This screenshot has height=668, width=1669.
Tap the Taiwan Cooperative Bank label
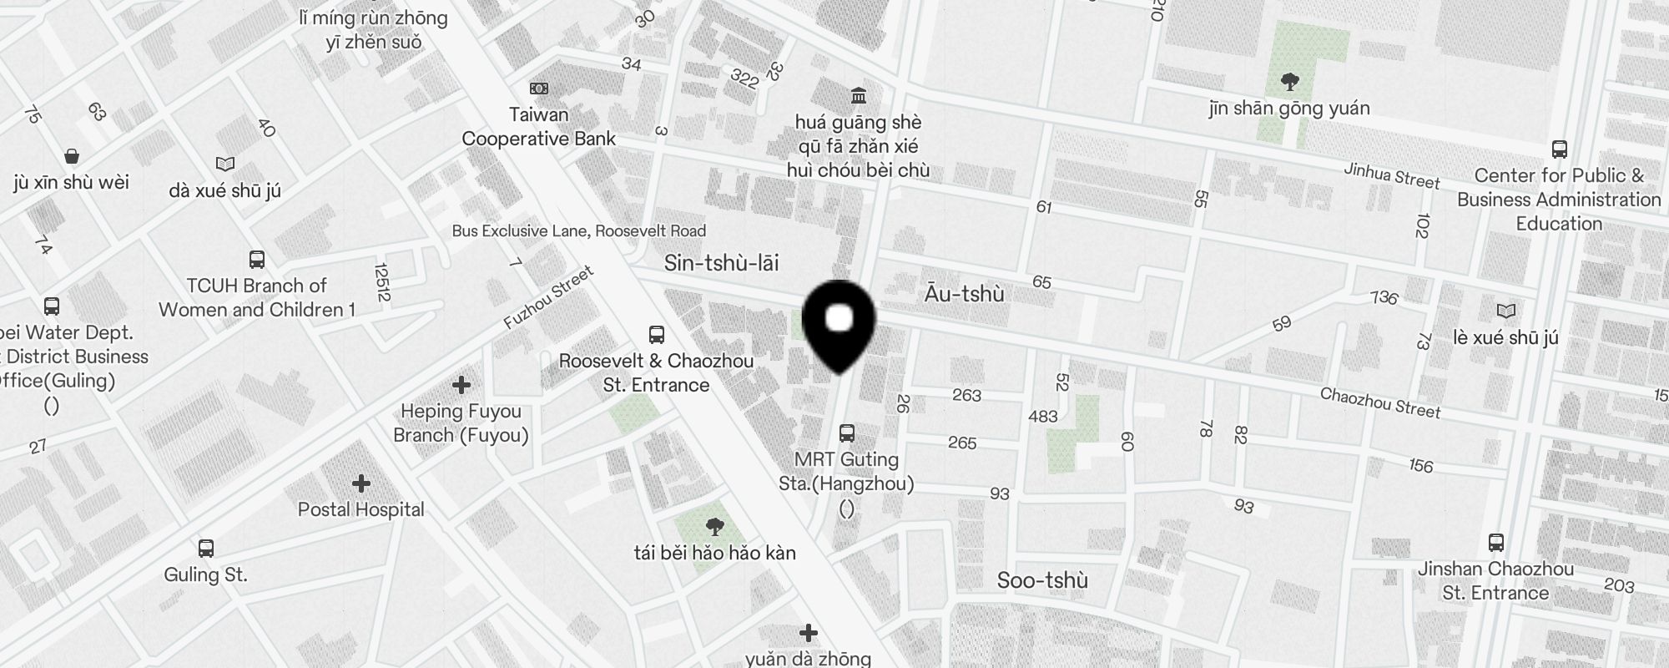[539, 127]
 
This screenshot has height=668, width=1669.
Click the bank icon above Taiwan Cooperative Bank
[539, 89]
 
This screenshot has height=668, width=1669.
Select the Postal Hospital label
[361, 509]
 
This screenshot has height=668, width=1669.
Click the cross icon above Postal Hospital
[361, 483]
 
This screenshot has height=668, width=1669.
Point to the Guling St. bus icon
[206, 549]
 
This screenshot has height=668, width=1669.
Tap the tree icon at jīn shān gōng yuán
[1289, 82]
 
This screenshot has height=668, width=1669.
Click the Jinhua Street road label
[1391, 175]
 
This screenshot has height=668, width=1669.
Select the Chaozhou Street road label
[1380, 402]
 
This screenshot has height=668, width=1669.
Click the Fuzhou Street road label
[548, 298]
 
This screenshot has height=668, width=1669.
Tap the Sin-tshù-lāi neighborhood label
[721, 264]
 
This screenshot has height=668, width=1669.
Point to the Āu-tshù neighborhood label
[964, 294]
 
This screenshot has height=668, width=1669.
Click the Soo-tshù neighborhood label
[1042, 580]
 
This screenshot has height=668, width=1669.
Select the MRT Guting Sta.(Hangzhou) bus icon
[847, 433]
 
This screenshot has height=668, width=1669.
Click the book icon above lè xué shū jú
[1505, 311]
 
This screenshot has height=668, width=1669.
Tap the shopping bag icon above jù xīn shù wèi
[72, 156]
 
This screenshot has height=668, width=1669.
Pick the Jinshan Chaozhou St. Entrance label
[1495, 580]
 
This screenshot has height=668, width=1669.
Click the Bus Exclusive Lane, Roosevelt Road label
[579, 230]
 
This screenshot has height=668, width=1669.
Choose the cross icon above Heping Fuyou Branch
[461, 385]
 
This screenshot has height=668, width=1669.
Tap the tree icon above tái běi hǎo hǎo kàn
[714, 527]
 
